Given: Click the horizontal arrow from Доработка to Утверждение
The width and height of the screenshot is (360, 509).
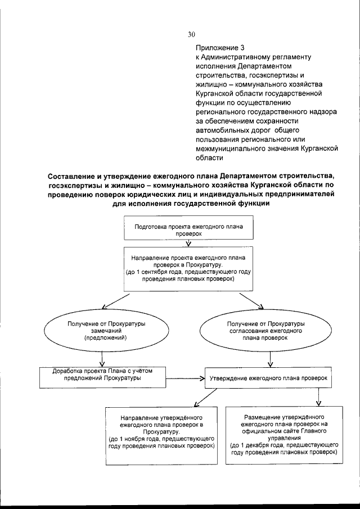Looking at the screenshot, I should click(x=183, y=379).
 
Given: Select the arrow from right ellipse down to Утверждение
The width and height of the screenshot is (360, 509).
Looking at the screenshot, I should click(x=272, y=359).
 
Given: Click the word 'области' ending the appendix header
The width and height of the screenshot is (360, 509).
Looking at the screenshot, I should click(x=208, y=159).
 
